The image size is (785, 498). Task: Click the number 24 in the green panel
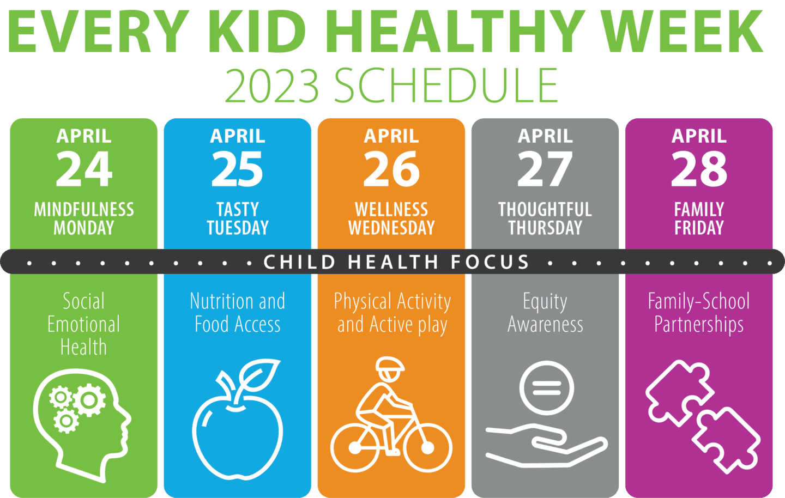click(84, 169)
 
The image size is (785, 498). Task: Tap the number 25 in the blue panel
click(238, 169)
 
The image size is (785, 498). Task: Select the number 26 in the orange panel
click(391, 169)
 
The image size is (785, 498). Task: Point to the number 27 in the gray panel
click(545, 169)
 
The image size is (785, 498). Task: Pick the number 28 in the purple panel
click(699, 169)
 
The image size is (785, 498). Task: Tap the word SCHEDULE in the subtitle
click(446, 86)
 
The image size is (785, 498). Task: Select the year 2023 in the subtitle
click(272, 86)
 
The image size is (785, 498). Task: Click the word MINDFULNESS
click(84, 209)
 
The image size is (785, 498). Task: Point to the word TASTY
click(238, 209)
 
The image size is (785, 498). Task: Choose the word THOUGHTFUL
click(545, 209)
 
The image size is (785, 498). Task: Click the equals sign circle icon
click(546, 388)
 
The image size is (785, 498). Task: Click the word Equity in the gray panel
click(545, 301)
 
